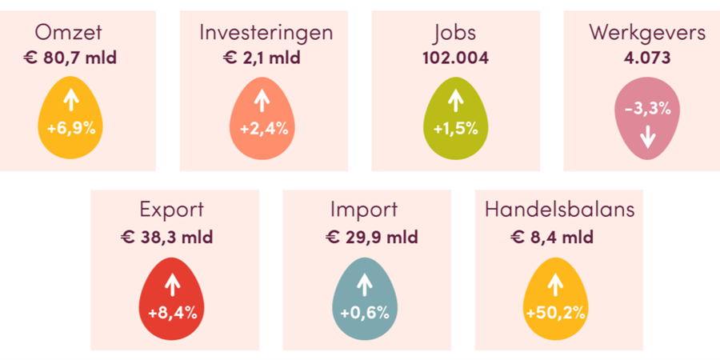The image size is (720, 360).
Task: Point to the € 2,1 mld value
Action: [x=262, y=58]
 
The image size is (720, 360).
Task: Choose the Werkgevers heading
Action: [x=647, y=33]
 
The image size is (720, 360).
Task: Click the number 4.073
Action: [x=647, y=58]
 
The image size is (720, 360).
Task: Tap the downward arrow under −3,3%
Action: [x=647, y=138]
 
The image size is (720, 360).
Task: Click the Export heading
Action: [x=172, y=210]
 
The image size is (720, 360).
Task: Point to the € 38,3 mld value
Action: [x=172, y=237]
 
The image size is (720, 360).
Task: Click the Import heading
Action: [x=364, y=210]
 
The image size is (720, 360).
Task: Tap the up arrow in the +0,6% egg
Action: [x=364, y=284]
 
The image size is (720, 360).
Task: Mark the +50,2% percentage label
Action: [x=556, y=312]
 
